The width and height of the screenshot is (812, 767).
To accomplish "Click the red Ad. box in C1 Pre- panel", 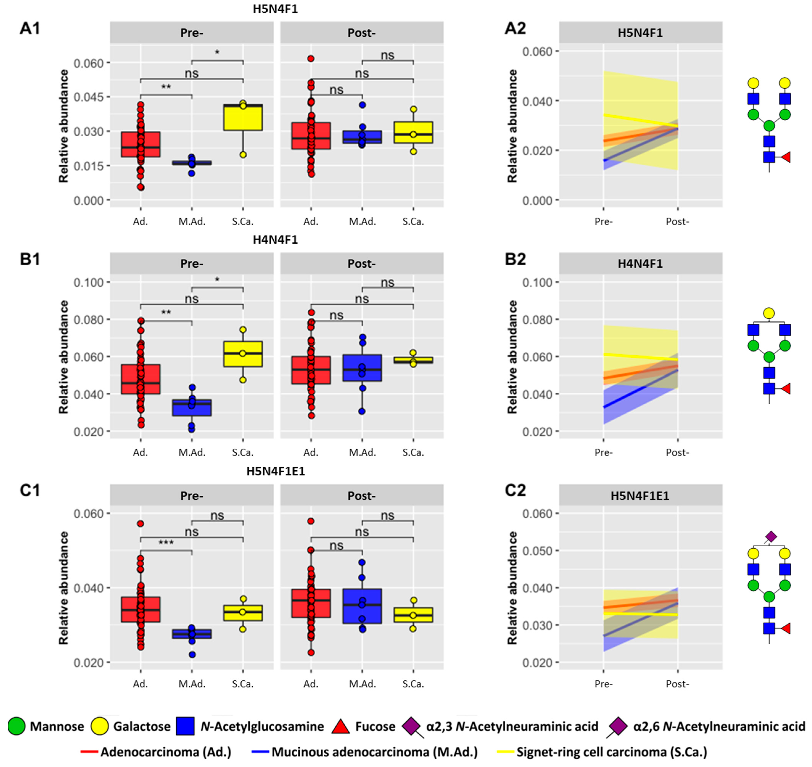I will click(141, 609).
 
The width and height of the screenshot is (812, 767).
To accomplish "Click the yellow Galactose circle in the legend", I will click(99, 726).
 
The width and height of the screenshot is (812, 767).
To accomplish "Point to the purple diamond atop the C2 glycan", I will click(771, 536).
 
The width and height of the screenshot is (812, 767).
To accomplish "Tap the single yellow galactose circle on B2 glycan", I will click(769, 314).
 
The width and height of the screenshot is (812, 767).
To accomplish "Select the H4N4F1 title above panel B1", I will click(275, 240).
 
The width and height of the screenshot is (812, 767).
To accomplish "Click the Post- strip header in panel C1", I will click(362, 496).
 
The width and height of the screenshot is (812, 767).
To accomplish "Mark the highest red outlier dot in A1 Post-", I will click(311, 59).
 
